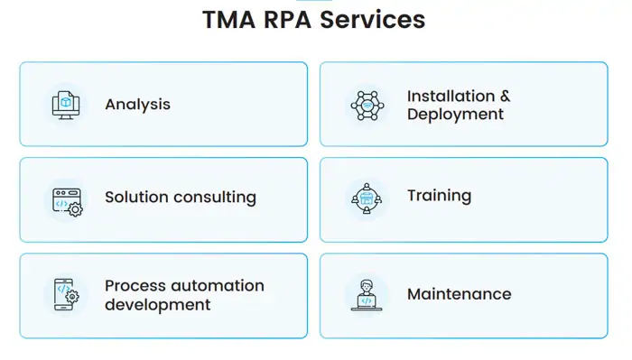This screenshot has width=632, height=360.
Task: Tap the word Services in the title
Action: click(380, 20)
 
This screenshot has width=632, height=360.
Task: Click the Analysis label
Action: click(137, 105)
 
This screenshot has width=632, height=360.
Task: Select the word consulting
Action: click(215, 197)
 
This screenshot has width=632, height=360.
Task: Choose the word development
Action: click(157, 305)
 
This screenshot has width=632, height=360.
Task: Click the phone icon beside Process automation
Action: click(66, 295)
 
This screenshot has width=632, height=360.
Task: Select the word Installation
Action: click(451, 96)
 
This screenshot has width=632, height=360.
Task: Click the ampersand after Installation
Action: click(505, 96)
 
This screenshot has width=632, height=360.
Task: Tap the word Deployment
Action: click(455, 115)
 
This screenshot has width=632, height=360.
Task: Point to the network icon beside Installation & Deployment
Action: click(367, 105)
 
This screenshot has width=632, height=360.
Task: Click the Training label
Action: click(439, 196)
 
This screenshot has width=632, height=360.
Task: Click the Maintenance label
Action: click(459, 294)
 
